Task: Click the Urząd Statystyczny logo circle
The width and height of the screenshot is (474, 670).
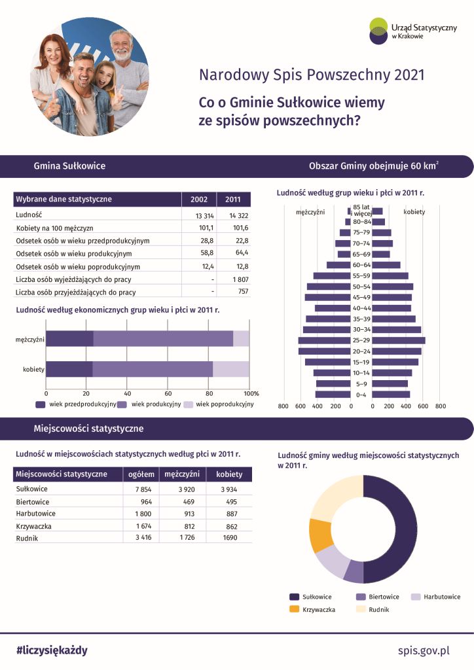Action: [378, 31]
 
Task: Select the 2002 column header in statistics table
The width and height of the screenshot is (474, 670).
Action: [198, 200]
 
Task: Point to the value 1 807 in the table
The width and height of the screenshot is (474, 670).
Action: [237, 279]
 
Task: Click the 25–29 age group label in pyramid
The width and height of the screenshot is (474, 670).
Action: [361, 340]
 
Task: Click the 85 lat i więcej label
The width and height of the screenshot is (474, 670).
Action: [361, 210]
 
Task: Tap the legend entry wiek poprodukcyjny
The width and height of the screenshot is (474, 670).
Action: [224, 404]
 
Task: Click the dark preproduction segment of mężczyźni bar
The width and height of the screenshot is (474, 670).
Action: [69, 338]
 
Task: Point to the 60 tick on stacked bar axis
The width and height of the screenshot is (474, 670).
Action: [168, 394]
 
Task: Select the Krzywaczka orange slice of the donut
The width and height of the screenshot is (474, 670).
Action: [321, 535]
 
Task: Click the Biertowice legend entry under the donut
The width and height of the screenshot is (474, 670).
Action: [380, 597]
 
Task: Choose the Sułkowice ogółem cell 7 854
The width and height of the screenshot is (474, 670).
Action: [143, 489]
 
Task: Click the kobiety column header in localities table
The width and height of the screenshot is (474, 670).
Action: [229, 474]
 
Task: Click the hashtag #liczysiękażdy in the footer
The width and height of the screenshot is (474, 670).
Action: [52, 650]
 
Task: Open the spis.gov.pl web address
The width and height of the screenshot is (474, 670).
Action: [424, 650]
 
